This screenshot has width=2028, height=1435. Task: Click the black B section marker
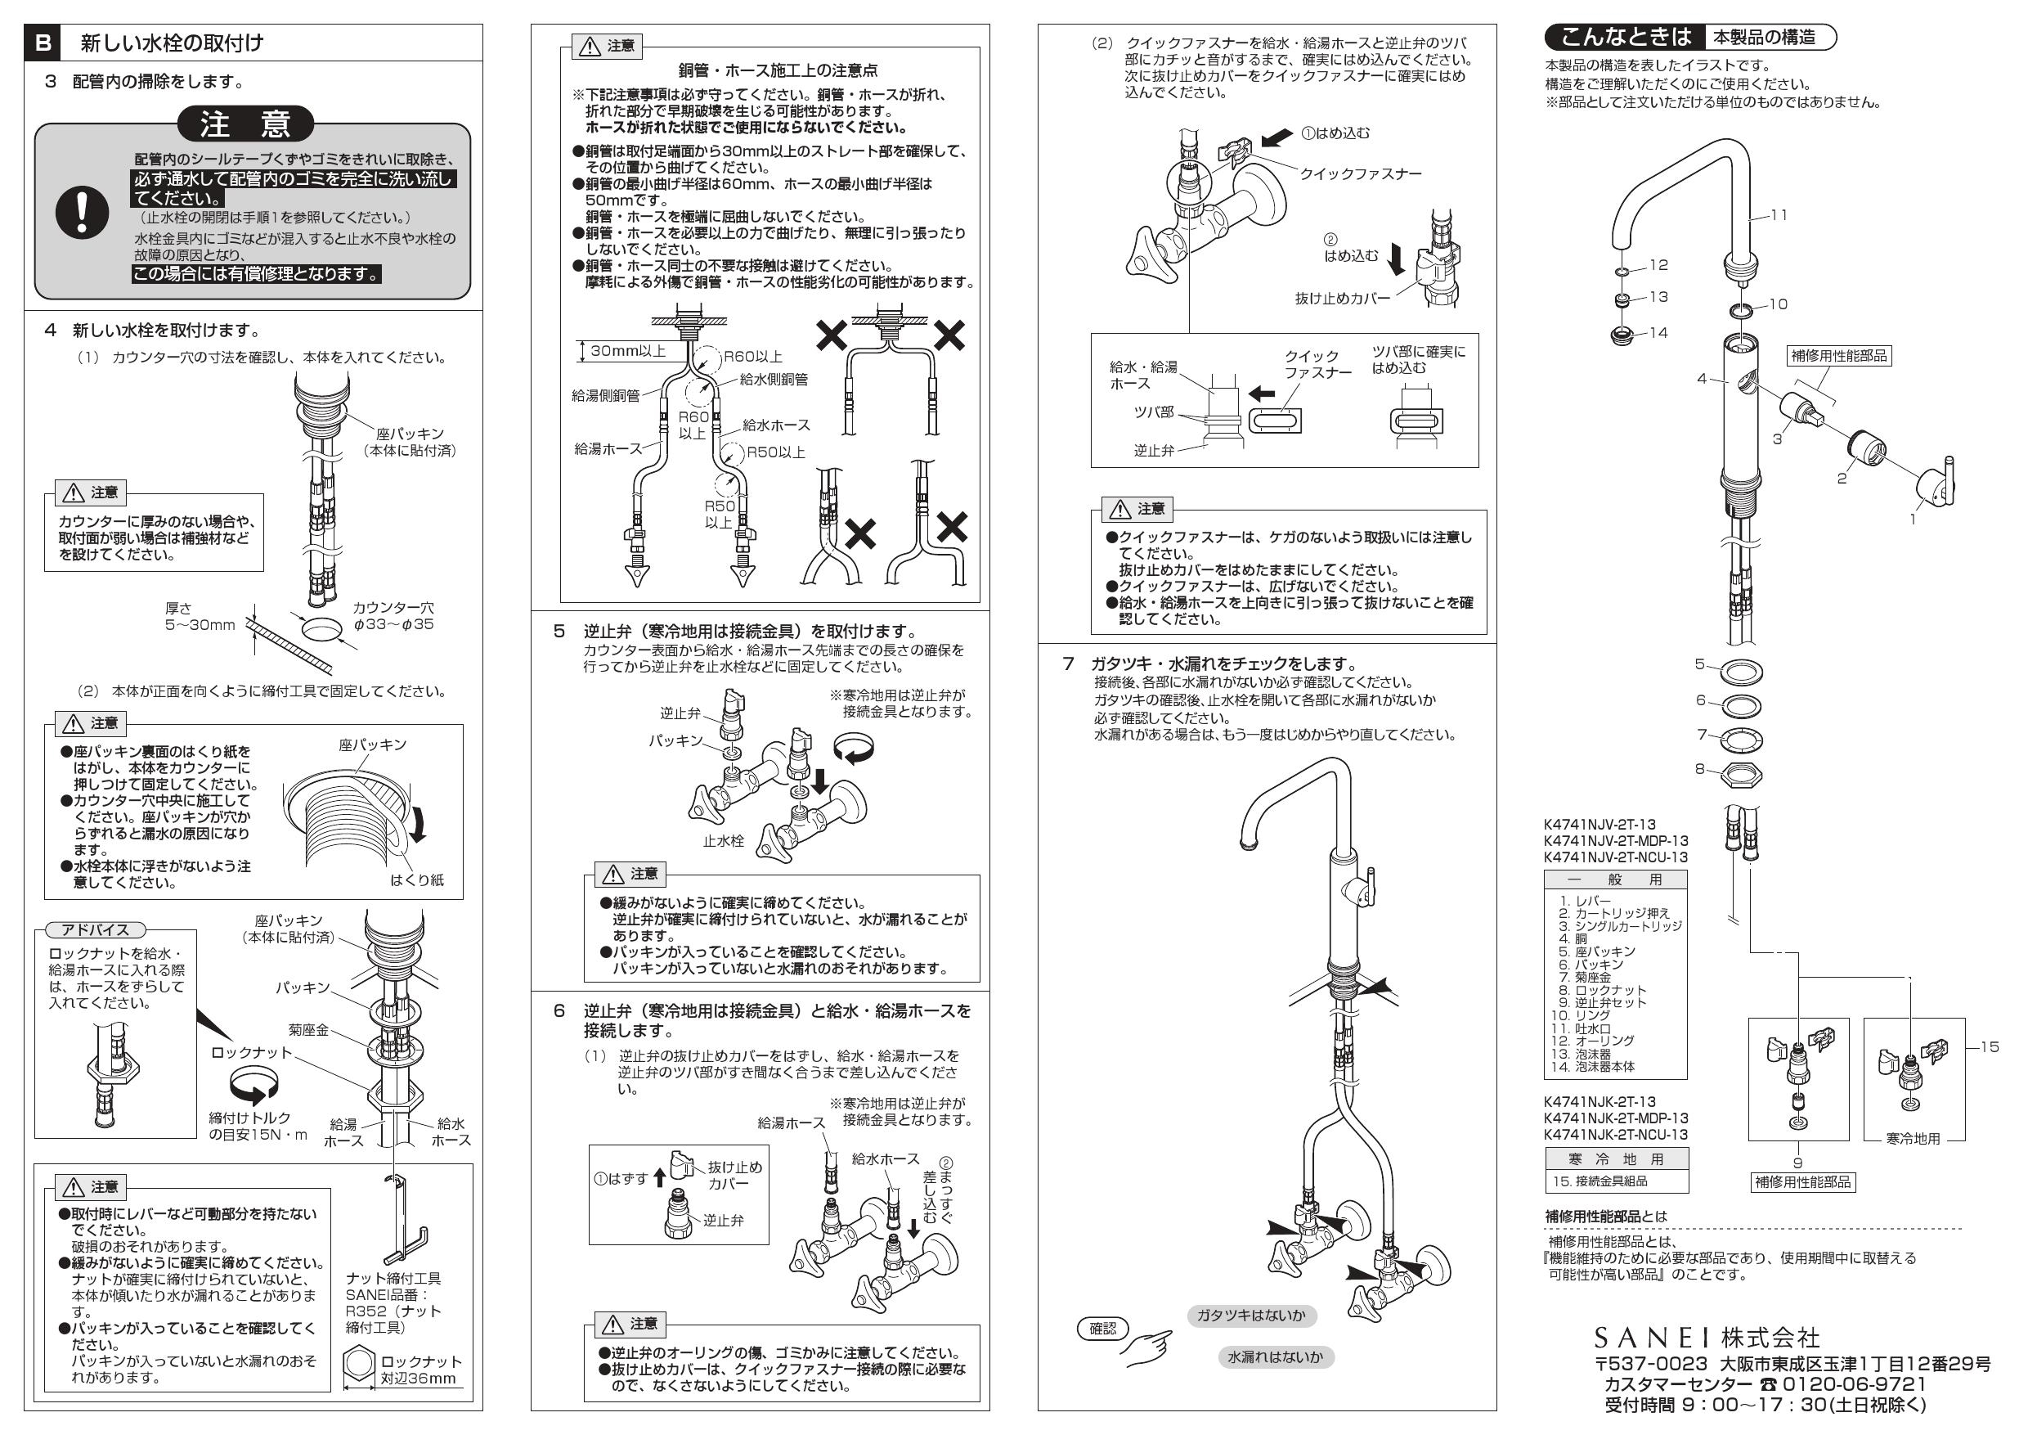(43, 43)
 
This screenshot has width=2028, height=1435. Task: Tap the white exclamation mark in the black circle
(82, 213)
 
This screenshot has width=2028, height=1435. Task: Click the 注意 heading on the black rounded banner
(245, 124)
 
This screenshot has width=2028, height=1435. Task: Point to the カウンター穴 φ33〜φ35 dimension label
(393, 616)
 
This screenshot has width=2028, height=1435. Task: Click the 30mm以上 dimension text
(628, 351)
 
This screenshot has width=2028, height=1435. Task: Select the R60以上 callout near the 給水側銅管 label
(752, 357)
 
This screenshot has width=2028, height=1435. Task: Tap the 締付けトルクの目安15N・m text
(257, 1126)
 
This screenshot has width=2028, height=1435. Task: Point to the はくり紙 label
(417, 880)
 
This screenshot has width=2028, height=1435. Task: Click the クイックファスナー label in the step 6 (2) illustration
(1360, 174)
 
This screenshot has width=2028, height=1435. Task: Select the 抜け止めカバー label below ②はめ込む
(1342, 299)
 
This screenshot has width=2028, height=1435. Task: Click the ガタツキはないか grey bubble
(1250, 1316)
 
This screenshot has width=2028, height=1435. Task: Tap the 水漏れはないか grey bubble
(1275, 1357)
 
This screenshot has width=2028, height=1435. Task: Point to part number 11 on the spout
(1778, 214)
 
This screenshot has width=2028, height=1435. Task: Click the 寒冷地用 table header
(1616, 1158)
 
